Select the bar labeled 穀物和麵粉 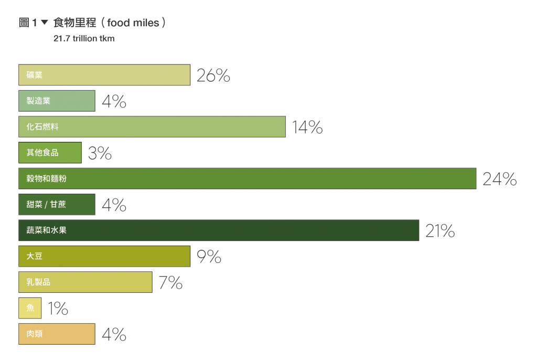point(247,179)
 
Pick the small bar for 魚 point(30,308)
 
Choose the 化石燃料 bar point(152,127)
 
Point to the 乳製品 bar point(85,282)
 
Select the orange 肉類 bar point(57,334)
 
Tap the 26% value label point(213,76)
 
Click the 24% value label point(499,180)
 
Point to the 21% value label point(439,231)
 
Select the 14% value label point(307,127)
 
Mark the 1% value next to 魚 point(58,309)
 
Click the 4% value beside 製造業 point(114,102)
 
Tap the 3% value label point(100,153)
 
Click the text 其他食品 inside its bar point(42,153)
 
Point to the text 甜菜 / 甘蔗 point(46,204)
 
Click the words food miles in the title point(133,23)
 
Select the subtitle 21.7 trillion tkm point(84,38)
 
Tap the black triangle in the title point(44,23)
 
